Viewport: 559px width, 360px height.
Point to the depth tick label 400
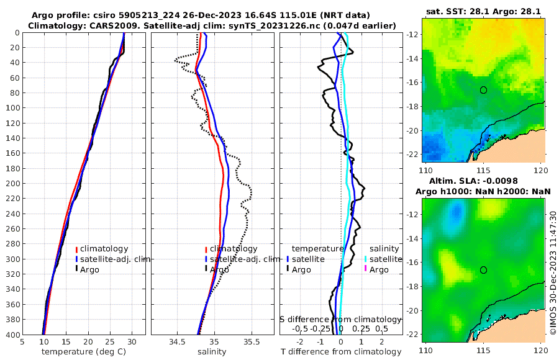[12, 335]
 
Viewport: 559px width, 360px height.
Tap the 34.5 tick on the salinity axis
[177, 341]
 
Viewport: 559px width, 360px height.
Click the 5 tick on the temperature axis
[22, 341]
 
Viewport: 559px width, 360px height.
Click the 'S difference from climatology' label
[340, 319]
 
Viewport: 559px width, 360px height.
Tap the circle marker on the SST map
[484, 90]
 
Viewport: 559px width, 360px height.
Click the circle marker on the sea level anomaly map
[484, 270]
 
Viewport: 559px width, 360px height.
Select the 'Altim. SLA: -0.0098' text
[484, 181]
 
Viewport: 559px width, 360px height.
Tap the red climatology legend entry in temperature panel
[102, 249]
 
